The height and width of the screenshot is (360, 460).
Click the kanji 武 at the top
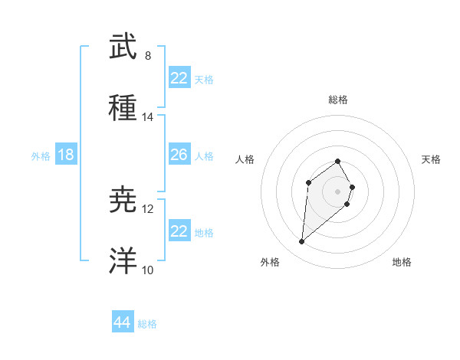123,47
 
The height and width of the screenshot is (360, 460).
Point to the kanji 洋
123,261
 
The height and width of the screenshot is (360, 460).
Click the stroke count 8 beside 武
147,56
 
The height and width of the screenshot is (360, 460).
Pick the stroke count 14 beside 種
147,117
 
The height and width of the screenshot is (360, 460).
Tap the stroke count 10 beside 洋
147,270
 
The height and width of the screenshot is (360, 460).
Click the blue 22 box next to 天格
179,78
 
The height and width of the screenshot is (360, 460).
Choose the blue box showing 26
179,155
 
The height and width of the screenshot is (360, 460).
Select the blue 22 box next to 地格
179,231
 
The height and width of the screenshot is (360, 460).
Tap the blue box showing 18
66,155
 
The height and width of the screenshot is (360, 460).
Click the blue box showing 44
122,322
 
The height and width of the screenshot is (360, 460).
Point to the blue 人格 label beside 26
204,155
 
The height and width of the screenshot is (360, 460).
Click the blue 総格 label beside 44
147,323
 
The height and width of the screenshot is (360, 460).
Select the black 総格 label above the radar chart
337,100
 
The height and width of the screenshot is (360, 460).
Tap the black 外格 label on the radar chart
270,262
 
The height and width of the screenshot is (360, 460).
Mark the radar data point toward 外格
301,242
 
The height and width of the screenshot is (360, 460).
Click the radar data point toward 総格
337,161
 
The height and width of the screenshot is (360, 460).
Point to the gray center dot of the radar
337,191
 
